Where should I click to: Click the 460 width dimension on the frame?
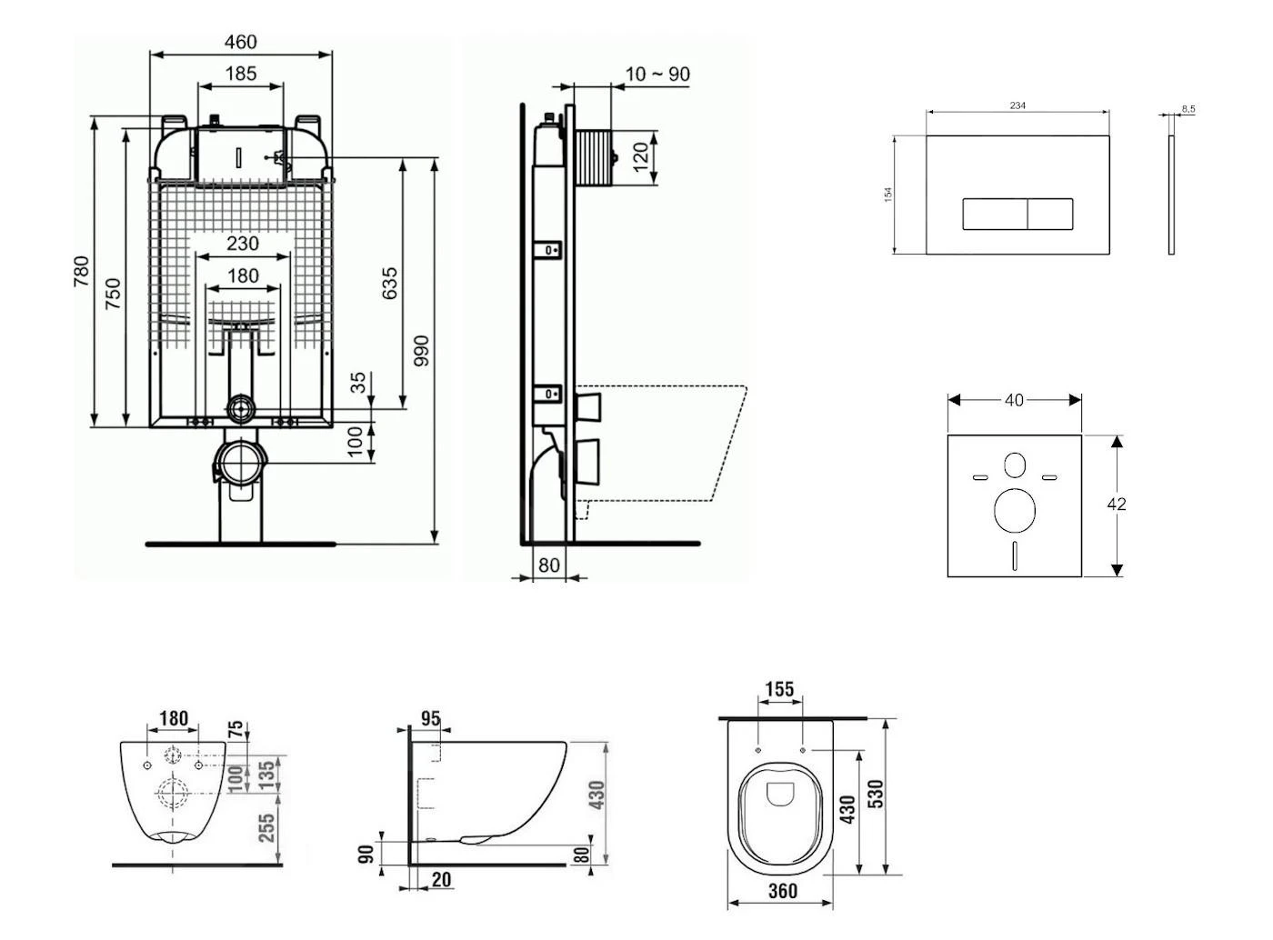click(x=240, y=42)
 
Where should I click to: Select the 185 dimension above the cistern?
click(x=240, y=74)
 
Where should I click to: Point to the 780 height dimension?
click(x=81, y=272)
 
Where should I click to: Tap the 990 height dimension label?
click(x=421, y=351)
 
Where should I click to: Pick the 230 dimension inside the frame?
click(x=242, y=244)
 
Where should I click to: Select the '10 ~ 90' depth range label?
click(x=657, y=75)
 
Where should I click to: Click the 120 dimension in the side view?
click(x=641, y=157)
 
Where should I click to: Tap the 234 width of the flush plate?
click(x=1017, y=105)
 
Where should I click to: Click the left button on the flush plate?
click(x=995, y=214)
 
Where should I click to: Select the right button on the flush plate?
click(x=1050, y=214)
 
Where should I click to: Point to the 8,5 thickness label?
click(x=1188, y=109)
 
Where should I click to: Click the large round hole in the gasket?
click(x=1015, y=510)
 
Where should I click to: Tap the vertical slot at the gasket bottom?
click(x=1015, y=555)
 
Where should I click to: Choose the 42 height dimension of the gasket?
click(x=1117, y=504)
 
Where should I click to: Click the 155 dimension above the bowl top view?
click(x=779, y=690)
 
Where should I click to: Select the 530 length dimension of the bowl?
click(x=876, y=794)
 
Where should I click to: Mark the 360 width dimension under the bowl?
click(x=782, y=891)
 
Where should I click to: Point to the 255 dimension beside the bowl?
click(x=267, y=828)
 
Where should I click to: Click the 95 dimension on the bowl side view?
click(x=430, y=719)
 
